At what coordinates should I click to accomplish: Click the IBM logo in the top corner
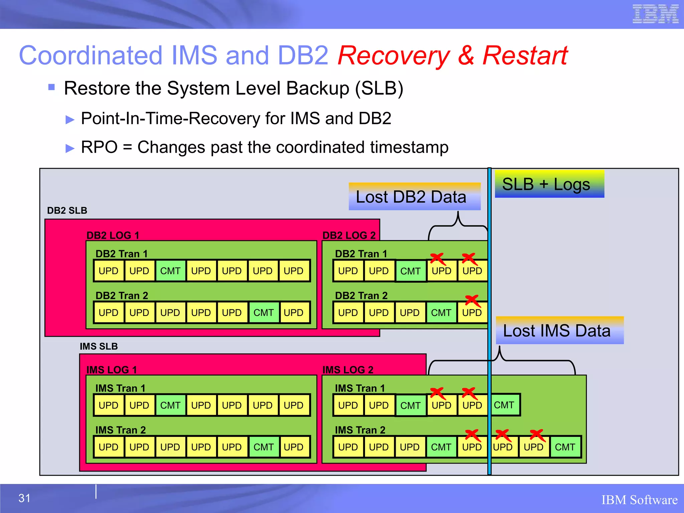click(x=655, y=14)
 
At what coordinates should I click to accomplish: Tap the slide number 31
click(x=24, y=498)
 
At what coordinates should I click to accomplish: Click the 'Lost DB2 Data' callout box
click(x=414, y=197)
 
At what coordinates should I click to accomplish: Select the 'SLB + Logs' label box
click(x=549, y=184)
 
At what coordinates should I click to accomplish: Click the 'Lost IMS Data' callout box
click(x=559, y=331)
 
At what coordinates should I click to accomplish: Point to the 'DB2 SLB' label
click(x=67, y=210)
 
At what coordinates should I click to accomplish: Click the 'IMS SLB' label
click(x=99, y=346)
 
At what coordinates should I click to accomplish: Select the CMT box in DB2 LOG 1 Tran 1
click(x=170, y=271)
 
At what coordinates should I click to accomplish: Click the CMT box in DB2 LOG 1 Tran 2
click(x=263, y=313)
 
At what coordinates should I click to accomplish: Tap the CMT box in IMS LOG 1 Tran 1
click(x=170, y=405)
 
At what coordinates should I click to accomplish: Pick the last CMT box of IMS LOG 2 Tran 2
click(x=565, y=447)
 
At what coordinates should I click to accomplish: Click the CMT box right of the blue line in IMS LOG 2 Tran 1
click(x=504, y=405)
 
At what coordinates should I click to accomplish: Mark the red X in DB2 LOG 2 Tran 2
click(x=472, y=300)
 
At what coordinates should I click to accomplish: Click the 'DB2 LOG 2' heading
click(x=349, y=235)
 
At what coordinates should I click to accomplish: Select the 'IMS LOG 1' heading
click(x=112, y=370)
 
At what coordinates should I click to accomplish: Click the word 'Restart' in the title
click(x=525, y=55)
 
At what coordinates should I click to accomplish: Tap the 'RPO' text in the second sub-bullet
click(x=99, y=147)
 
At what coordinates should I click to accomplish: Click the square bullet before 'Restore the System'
click(x=51, y=88)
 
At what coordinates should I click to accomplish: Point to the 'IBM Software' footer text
click(x=639, y=500)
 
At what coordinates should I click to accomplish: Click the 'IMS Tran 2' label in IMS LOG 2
click(x=360, y=430)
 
